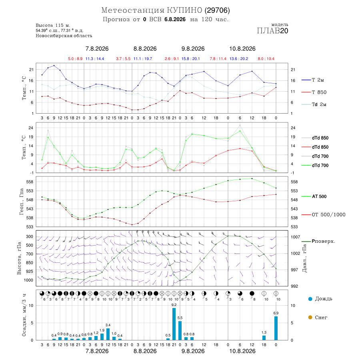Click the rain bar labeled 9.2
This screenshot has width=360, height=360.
click(174, 324)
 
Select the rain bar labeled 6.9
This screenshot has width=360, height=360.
click(276, 328)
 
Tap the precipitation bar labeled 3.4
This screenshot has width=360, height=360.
click(108, 334)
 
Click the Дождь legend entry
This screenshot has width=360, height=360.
click(320, 299)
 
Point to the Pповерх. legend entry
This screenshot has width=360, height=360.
click(318, 241)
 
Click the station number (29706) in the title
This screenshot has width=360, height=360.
click(217, 10)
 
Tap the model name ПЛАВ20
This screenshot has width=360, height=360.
click(272, 31)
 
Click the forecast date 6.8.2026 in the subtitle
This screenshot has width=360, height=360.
click(175, 19)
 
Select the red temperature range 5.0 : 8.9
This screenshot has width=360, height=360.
click(75, 59)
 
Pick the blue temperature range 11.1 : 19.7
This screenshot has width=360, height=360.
click(143, 59)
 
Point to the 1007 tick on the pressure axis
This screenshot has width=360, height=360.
click(295, 237)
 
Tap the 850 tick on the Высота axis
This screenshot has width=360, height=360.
click(30, 263)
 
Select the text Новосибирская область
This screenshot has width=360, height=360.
click(64, 36)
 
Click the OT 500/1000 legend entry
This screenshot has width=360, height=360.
click(323, 215)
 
